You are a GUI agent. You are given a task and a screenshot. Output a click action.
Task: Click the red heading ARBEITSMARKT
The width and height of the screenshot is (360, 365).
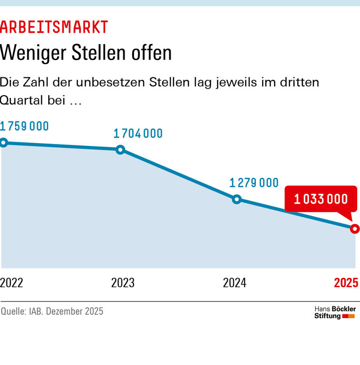[54, 27]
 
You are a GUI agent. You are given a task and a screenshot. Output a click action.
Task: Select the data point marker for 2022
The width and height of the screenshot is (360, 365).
[3, 143]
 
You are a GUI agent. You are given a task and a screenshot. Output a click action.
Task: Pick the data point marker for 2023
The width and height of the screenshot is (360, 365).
[120, 150]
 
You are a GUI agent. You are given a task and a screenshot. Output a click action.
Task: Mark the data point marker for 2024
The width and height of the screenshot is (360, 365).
[237, 199]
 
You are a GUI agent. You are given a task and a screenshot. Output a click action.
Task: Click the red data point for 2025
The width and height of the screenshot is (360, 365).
[354, 229]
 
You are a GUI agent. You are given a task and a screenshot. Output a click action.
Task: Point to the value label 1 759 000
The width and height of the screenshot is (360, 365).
[25, 126]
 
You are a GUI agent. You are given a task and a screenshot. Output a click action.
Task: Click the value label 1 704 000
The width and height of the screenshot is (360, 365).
[138, 134]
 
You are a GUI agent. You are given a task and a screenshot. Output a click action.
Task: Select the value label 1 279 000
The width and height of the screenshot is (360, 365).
[254, 183]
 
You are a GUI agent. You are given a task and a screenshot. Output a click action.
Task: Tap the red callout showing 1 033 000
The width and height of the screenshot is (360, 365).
[321, 199]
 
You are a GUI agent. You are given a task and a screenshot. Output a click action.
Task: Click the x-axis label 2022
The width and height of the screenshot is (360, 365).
[12, 283]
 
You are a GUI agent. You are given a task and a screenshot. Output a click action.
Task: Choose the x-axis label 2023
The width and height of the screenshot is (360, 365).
[123, 283]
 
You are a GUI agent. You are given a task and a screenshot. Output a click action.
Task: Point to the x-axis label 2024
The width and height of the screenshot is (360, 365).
[234, 283]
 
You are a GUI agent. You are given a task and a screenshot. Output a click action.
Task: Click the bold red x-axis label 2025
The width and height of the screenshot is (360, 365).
[346, 283]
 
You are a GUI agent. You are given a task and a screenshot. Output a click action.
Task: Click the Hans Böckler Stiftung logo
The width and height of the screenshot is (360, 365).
[335, 312]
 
